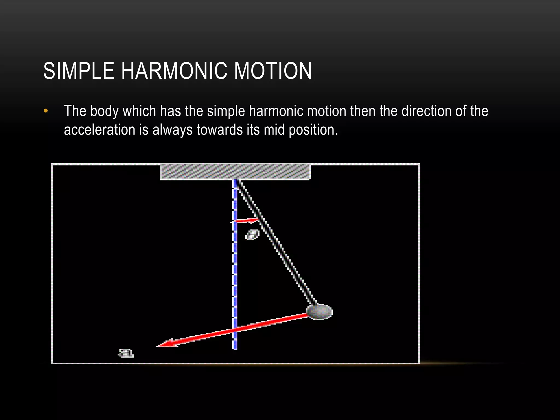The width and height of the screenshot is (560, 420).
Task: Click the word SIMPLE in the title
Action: pyautogui.click(x=79, y=71)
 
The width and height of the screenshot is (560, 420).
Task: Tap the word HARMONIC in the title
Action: pyautogui.click(x=174, y=71)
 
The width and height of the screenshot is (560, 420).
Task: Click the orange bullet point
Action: pyautogui.click(x=46, y=111)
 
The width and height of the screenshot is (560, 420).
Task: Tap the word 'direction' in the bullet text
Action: pyautogui.click(x=426, y=111)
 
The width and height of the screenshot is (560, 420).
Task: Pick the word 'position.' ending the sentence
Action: pyautogui.click(x=313, y=130)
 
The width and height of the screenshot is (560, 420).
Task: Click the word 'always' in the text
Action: pyautogui.click(x=172, y=130)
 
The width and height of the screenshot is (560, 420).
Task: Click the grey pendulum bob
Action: pyautogui.click(x=319, y=312)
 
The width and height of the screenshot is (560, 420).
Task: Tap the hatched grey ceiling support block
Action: pyautogui.click(x=235, y=172)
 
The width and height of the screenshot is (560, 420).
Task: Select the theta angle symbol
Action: pyautogui.click(x=252, y=235)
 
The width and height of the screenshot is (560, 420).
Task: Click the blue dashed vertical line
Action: pyautogui.click(x=235, y=273)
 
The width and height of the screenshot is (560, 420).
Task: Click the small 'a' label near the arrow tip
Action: pyautogui.click(x=126, y=353)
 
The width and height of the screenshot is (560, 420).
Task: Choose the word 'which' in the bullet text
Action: pyautogui.click(x=139, y=111)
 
